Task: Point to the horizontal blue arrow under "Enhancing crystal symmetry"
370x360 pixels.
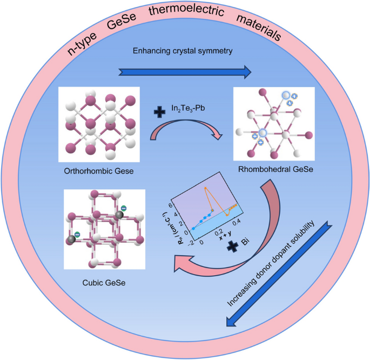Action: click(x=185, y=71)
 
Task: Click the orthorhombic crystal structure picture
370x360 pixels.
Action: click(x=99, y=124)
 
